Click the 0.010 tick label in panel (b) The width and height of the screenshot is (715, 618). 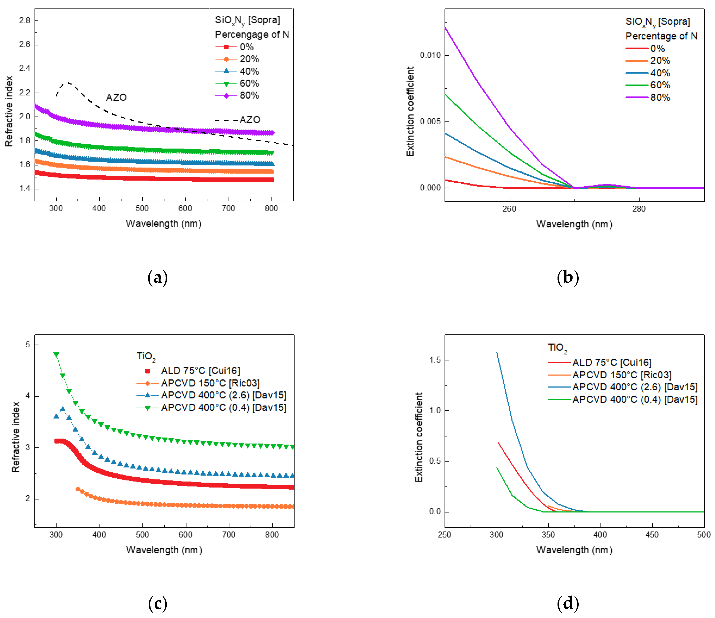click(430, 55)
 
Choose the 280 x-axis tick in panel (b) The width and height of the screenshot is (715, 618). click(639, 209)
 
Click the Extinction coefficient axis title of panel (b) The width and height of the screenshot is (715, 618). click(410, 111)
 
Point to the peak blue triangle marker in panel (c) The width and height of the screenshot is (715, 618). click(62, 409)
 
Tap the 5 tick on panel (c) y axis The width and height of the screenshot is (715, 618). click(28, 345)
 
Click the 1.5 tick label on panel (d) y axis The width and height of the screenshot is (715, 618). click(435, 360)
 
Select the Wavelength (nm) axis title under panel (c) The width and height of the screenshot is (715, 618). click(164, 550)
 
